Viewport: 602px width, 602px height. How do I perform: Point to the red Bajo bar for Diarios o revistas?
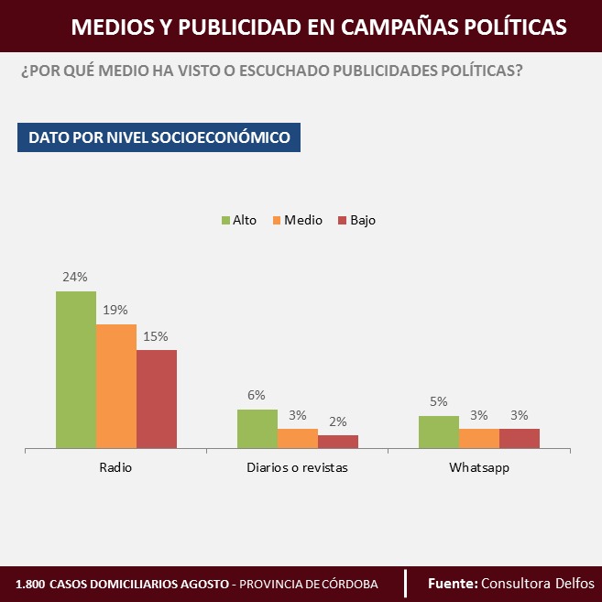(338, 442)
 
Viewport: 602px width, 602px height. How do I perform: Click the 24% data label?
(75, 277)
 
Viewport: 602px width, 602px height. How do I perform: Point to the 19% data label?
(115, 310)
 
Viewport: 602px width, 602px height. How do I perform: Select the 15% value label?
(156, 335)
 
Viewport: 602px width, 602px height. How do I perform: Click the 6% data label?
(257, 395)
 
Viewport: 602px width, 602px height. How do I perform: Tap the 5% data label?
(438, 401)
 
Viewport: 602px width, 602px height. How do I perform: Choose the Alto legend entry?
(238, 220)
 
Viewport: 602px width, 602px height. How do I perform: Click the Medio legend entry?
(296, 220)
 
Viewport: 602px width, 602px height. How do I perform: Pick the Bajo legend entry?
(356, 220)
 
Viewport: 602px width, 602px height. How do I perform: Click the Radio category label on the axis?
(115, 467)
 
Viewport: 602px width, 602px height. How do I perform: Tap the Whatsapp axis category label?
(479, 467)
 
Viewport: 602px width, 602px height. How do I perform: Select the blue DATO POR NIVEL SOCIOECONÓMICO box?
(159, 137)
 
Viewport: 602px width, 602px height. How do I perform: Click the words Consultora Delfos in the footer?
(538, 583)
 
